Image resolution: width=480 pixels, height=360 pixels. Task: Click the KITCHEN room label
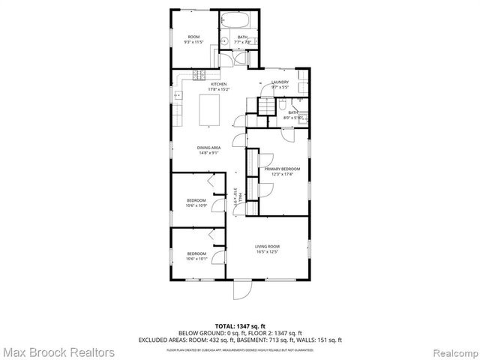tap(197, 85)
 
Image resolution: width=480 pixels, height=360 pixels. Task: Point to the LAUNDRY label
tap(280, 84)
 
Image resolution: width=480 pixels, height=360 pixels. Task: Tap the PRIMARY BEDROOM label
tap(281, 169)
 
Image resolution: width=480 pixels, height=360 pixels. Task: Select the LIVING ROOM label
tap(267, 247)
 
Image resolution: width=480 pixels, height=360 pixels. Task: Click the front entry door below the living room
tap(244, 292)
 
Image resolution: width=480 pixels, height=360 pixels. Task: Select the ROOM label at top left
tap(193, 37)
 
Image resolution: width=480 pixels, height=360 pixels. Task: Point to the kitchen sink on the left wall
tap(178, 96)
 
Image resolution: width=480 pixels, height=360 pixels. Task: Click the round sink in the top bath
tap(226, 40)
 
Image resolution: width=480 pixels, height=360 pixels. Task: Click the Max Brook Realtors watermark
tap(58, 351)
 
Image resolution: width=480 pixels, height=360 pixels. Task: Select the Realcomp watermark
tap(453, 351)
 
